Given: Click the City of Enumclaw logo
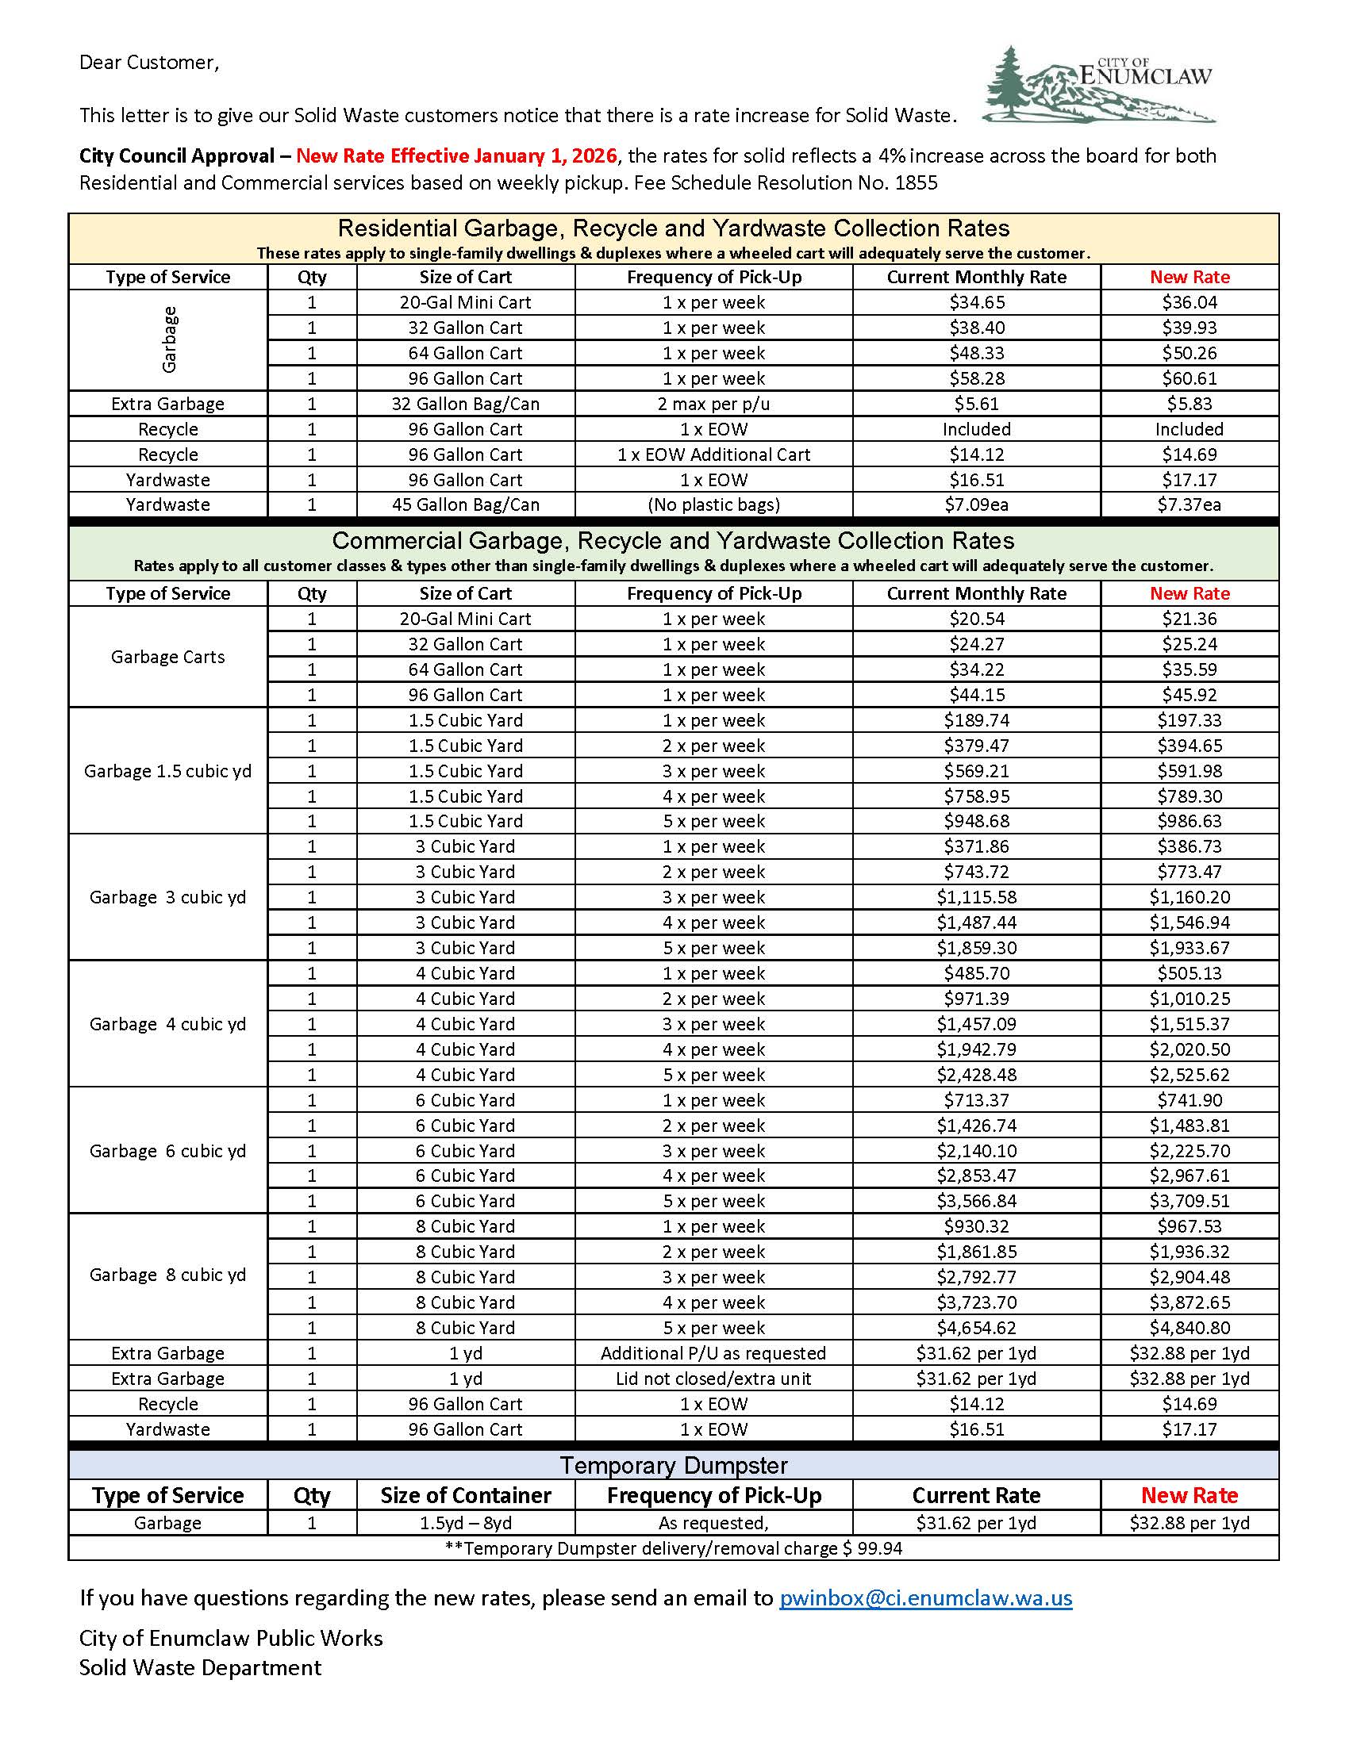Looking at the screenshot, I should pos(1100,85).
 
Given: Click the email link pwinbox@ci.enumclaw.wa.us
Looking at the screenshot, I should pos(924,1597).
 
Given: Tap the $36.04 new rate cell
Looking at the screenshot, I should pos(1190,302).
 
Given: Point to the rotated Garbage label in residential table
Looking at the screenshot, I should pos(168,339).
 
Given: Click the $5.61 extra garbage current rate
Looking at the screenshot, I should pos(976,404).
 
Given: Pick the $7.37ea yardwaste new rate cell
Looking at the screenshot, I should pos(1190,505).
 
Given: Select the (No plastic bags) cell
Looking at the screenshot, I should pos(713,505).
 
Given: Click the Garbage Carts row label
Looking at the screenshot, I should pos(167,657).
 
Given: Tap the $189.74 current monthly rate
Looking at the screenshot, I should pos(976,720).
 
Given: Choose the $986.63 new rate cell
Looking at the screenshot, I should pos(1190,822).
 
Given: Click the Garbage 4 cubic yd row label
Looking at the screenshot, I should pos(167,1024).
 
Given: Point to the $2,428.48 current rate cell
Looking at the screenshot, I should pos(976,1075).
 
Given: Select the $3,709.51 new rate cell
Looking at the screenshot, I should pos(1190,1201).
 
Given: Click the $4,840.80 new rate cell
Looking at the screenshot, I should pos(1190,1328).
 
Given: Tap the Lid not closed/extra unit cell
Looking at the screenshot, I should pos(713,1379).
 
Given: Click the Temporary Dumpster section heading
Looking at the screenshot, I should pos(673,1465).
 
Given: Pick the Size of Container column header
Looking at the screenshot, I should pos(465,1496).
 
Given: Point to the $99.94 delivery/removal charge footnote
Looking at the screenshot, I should pos(673,1548).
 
